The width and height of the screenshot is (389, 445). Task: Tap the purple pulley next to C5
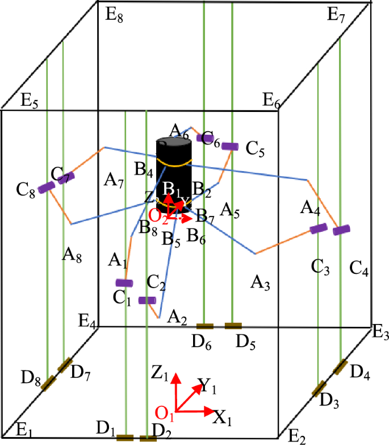[x=229, y=147]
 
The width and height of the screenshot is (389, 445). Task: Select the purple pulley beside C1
[x=124, y=283]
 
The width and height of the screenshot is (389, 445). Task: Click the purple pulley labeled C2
[x=148, y=300]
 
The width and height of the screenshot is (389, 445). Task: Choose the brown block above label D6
[x=204, y=326]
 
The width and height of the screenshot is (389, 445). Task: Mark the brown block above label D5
[x=233, y=326]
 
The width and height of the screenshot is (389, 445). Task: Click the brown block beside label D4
[x=341, y=367]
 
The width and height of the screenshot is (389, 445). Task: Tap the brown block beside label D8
[x=49, y=383]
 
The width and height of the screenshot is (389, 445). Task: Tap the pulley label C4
[x=359, y=268]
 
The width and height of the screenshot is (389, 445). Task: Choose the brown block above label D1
[x=125, y=438]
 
